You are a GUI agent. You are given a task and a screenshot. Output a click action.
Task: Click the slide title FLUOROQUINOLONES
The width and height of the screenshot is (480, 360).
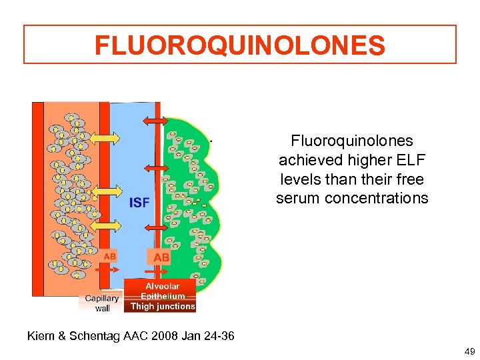[240, 45]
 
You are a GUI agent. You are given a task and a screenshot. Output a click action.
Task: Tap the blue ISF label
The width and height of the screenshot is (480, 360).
[139, 202]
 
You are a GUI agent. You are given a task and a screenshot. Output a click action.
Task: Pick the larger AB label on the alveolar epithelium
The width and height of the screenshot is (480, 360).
[162, 257]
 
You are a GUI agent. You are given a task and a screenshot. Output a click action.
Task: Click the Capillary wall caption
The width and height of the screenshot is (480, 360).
[103, 303]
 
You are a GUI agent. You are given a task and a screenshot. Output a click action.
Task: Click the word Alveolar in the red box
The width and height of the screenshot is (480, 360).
[162, 286]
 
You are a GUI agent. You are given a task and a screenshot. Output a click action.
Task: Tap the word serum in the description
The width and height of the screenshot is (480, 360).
[298, 199]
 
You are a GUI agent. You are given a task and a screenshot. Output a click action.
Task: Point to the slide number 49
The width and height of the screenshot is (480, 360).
[468, 351]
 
